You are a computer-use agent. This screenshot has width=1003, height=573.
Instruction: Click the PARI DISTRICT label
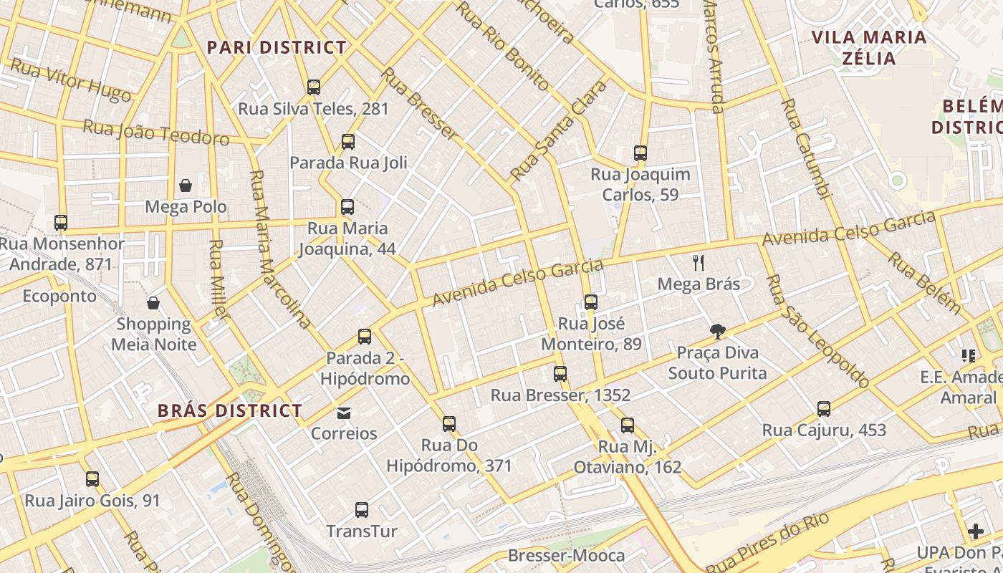click(277, 47)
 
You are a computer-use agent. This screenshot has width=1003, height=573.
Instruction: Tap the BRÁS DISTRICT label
click(230, 410)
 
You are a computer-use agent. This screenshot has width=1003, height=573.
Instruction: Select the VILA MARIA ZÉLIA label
click(868, 47)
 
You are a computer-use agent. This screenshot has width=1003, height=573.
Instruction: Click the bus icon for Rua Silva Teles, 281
click(314, 87)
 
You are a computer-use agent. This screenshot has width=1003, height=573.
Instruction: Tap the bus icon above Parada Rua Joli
click(348, 142)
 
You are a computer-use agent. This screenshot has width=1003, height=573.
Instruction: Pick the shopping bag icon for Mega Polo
click(186, 186)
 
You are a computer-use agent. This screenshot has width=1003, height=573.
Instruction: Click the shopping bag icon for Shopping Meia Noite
click(153, 303)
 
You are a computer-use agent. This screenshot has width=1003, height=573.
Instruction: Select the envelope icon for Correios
click(345, 413)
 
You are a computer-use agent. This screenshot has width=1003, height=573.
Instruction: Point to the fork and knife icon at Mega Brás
click(699, 263)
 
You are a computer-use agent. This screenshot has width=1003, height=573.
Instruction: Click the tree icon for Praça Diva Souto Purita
click(718, 331)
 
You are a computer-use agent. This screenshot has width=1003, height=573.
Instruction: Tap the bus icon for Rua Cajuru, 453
click(824, 409)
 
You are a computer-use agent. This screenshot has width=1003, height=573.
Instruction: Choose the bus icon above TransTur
click(362, 510)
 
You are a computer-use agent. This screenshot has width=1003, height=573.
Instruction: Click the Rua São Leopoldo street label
click(817, 330)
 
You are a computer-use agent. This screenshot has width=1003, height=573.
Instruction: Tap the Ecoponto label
click(59, 296)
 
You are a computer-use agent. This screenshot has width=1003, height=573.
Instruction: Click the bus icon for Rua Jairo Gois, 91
click(92, 479)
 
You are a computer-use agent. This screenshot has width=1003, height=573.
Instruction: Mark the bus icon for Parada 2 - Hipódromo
click(365, 337)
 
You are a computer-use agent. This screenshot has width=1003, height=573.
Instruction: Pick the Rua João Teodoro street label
click(155, 133)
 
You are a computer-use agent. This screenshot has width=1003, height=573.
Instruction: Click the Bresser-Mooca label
click(566, 555)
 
